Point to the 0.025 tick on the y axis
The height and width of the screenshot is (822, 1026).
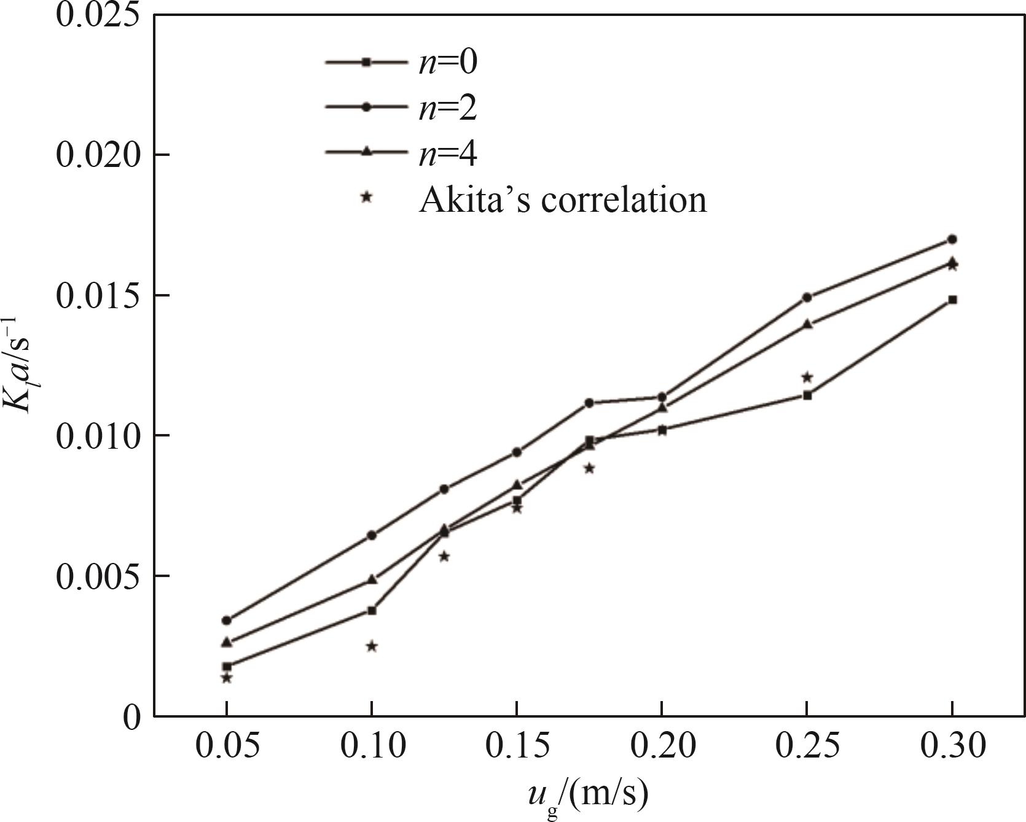click(96, 15)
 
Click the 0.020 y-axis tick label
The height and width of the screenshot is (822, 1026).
click(96, 155)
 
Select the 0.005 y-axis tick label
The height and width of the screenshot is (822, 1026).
click(96, 576)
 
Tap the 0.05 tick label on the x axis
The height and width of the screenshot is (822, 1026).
click(227, 746)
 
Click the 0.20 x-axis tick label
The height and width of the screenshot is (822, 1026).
click(662, 746)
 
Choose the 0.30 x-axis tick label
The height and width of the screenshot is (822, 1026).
click(952, 746)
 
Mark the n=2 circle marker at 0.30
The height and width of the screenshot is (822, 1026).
click(952, 239)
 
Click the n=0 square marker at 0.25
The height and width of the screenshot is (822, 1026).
click(807, 395)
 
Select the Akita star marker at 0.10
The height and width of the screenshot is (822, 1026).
click(372, 646)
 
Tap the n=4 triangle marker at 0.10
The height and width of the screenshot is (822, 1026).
click(372, 579)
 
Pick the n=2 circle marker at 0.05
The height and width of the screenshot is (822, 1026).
click(227, 620)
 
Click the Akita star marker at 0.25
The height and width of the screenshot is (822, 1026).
click(807, 377)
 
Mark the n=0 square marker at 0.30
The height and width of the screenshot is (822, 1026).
click(952, 300)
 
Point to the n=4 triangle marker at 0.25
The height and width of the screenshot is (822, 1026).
click(807, 324)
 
